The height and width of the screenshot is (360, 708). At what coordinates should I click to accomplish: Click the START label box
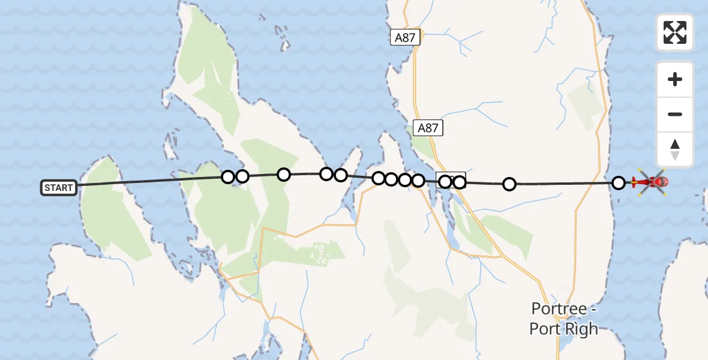[59, 188]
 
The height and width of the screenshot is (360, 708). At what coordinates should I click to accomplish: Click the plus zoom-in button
[675, 79]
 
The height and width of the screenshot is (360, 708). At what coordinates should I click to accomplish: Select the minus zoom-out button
[675, 114]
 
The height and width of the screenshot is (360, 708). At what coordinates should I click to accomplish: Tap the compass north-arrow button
[675, 149]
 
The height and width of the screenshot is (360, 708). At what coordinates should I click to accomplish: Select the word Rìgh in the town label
[581, 329]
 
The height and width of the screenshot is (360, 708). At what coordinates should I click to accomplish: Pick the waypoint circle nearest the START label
[228, 176]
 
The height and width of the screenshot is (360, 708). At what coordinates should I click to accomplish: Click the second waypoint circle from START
[242, 176]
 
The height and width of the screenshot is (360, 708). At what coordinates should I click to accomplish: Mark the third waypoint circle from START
[284, 175]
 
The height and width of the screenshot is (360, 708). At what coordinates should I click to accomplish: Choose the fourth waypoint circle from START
[326, 174]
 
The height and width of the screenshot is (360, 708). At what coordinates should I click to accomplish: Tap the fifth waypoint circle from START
[341, 175]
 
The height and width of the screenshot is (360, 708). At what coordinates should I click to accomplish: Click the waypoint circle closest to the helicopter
[619, 183]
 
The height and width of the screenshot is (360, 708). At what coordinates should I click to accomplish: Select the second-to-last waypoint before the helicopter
[509, 184]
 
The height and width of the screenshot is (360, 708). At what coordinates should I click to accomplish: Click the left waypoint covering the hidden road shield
[445, 181]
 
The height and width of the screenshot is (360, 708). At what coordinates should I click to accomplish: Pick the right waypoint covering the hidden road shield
[460, 181]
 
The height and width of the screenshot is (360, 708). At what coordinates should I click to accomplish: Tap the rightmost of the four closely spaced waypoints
[418, 180]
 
